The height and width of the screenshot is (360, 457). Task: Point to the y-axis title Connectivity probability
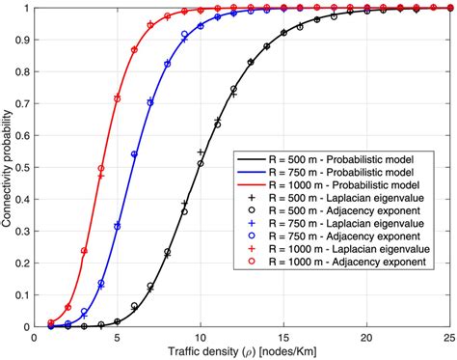pos(9,168)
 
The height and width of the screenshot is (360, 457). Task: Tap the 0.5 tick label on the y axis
pos(22,167)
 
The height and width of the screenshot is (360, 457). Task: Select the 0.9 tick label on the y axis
pos(22,40)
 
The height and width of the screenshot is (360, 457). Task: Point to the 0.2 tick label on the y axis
pos(22,263)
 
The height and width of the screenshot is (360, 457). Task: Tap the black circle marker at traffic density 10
pos(200,164)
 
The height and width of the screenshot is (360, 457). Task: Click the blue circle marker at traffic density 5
pos(117,227)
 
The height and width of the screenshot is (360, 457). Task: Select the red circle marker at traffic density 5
pos(117,97)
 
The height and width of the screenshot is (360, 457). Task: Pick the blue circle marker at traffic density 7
pos(149,102)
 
